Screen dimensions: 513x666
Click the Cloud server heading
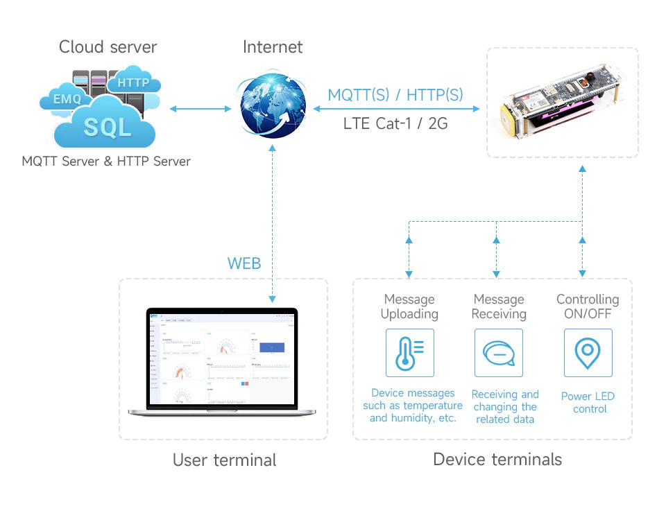[108, 47]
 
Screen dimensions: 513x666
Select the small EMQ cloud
[67, 100]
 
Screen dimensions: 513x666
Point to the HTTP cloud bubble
[134, 83]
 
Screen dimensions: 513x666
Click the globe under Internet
[273, 106]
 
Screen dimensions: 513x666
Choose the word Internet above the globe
[273, 47]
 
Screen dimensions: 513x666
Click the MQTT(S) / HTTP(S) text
[395, 95]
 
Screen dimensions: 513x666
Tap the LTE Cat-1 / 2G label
[395, 124]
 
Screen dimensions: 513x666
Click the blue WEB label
[244, 263]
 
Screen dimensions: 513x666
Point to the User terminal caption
[224, 460]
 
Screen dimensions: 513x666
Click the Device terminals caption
[497, 459]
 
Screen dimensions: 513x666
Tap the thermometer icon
[409, 353]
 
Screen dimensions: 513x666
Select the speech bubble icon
[499, 353]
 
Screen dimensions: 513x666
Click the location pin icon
[588, 353]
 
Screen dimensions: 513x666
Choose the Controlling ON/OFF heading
[588, 306]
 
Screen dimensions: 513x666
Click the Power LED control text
[588, 403]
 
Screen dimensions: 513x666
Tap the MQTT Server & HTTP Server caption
[106, 162]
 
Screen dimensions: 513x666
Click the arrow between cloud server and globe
[200, 109]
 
